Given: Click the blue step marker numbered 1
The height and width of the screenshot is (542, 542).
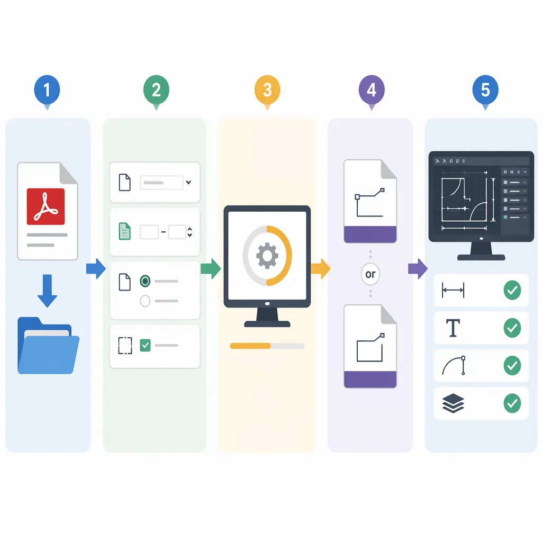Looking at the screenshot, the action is coord(47,91).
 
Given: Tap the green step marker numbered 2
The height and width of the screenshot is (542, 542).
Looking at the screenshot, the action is coord(156,91).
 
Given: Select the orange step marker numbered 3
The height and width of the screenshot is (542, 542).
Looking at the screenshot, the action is coord(267,91).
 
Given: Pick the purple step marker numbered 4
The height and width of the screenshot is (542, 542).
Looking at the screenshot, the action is coord(372,91).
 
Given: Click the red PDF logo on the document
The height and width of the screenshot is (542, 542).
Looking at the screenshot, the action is coord(46,206).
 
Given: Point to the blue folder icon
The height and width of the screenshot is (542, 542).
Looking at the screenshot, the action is coord(48,345).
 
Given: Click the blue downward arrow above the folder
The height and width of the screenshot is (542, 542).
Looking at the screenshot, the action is coord(47,291).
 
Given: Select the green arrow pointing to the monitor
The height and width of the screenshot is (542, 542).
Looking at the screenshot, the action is coord(211,268).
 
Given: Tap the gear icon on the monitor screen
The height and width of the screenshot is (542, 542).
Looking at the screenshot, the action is coord(267,256).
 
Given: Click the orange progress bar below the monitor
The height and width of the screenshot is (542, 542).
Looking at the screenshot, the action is coord(250,346).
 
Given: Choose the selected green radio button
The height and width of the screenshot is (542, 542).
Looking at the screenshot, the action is coord(145,281).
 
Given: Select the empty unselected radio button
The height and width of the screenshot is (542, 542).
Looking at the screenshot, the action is coord(145,301).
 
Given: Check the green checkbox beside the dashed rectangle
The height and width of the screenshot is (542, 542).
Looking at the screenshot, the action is coord(145,345).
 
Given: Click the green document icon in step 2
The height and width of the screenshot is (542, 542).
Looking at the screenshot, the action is coord(125,231).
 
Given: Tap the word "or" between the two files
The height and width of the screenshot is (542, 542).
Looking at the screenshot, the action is coord(371,274).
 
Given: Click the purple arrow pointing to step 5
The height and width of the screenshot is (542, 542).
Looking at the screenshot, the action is coord(418,268).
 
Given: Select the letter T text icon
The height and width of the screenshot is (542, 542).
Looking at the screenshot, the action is coord(453,328).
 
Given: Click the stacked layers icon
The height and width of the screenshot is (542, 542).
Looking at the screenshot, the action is coord(453,403).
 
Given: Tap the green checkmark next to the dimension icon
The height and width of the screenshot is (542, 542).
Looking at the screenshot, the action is coord(512,290).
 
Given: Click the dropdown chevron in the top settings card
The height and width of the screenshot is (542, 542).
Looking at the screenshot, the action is coord(189,182).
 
